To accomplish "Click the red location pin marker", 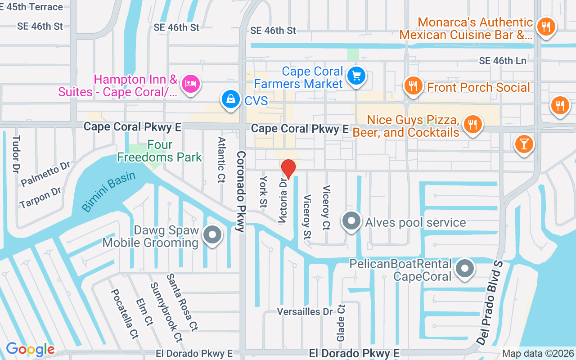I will pos(288,169).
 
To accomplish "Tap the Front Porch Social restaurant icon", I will pos(413,85).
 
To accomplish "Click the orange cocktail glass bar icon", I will pos(524,144).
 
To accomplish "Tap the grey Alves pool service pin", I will pos(351,221).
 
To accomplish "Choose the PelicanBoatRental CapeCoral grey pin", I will pos(465,269).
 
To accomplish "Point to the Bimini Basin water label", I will pos(108,192).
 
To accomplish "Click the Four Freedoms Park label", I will pos(160,151).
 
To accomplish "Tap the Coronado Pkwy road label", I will pos(241,191).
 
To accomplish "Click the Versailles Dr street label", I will pos(305,311).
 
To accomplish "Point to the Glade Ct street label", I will pos(341,323).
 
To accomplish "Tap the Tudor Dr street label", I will pos(16,154).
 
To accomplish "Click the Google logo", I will pos(30,349).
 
